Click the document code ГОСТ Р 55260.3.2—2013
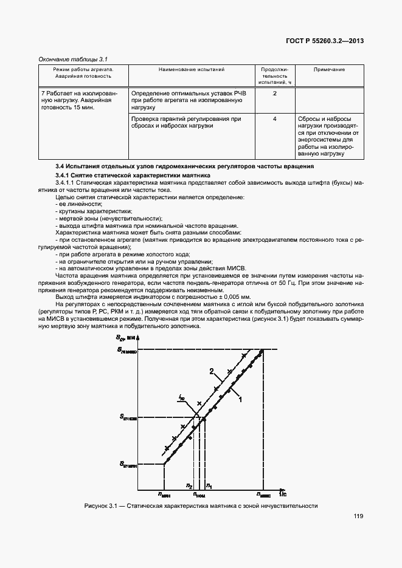click(329, 42)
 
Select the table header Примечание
click(330, 70)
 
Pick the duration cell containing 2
click(275, 93)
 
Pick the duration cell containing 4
click(275, 119)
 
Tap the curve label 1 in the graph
click(241, 400)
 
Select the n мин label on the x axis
click(164, 494)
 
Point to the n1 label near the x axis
click(209, 485)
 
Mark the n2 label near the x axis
click(189, 486)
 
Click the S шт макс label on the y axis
click(127, 350)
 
